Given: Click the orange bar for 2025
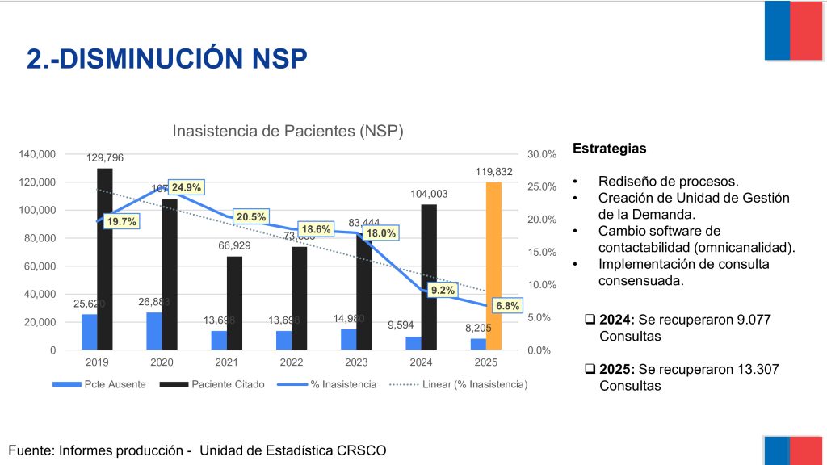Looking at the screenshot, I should (x=493, y=266).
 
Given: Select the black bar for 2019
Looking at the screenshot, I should (x=104, y=258).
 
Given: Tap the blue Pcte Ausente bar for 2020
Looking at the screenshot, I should (x=153, y=331).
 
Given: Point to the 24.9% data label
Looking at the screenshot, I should (x=187, y=188).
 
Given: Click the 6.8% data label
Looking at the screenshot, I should (x=508, y=307).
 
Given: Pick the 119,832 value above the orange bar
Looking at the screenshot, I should (x=493, y=171).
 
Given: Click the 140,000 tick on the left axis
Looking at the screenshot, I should (x=38, y=154).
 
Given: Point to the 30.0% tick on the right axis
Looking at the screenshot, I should (x=542, y=154).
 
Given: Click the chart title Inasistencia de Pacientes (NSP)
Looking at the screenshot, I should (x=288, y=131).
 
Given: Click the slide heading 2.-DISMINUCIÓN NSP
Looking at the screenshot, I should (x=167, y=59).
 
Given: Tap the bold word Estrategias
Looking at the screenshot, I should (x=609, y=149).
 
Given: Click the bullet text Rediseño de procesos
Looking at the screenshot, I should (x=668, y=181).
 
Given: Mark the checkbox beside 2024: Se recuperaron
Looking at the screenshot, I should (x=590, y=320).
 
